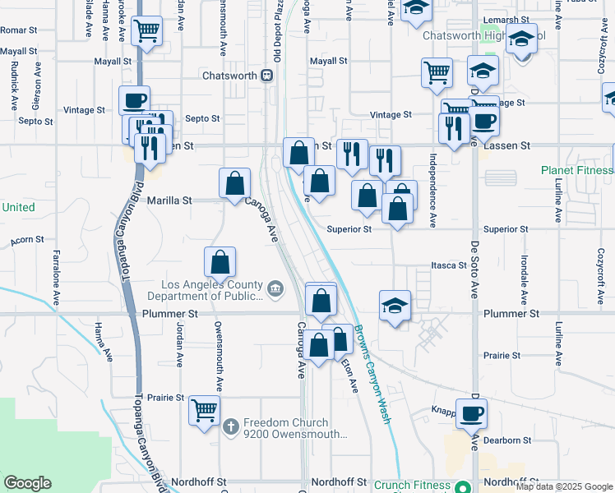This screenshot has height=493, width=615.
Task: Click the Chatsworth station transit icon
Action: point(267,76)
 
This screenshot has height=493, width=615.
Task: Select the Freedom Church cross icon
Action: point(233,426)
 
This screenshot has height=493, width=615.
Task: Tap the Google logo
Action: point(27,483)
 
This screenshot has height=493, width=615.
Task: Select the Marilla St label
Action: point(169,200)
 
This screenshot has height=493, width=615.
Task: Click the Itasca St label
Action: point(449,265)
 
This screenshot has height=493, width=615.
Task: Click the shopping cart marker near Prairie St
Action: point(204,409)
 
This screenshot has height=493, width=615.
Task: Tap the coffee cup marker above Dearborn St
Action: point(471,412)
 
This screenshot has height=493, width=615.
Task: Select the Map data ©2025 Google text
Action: point(564,486)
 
